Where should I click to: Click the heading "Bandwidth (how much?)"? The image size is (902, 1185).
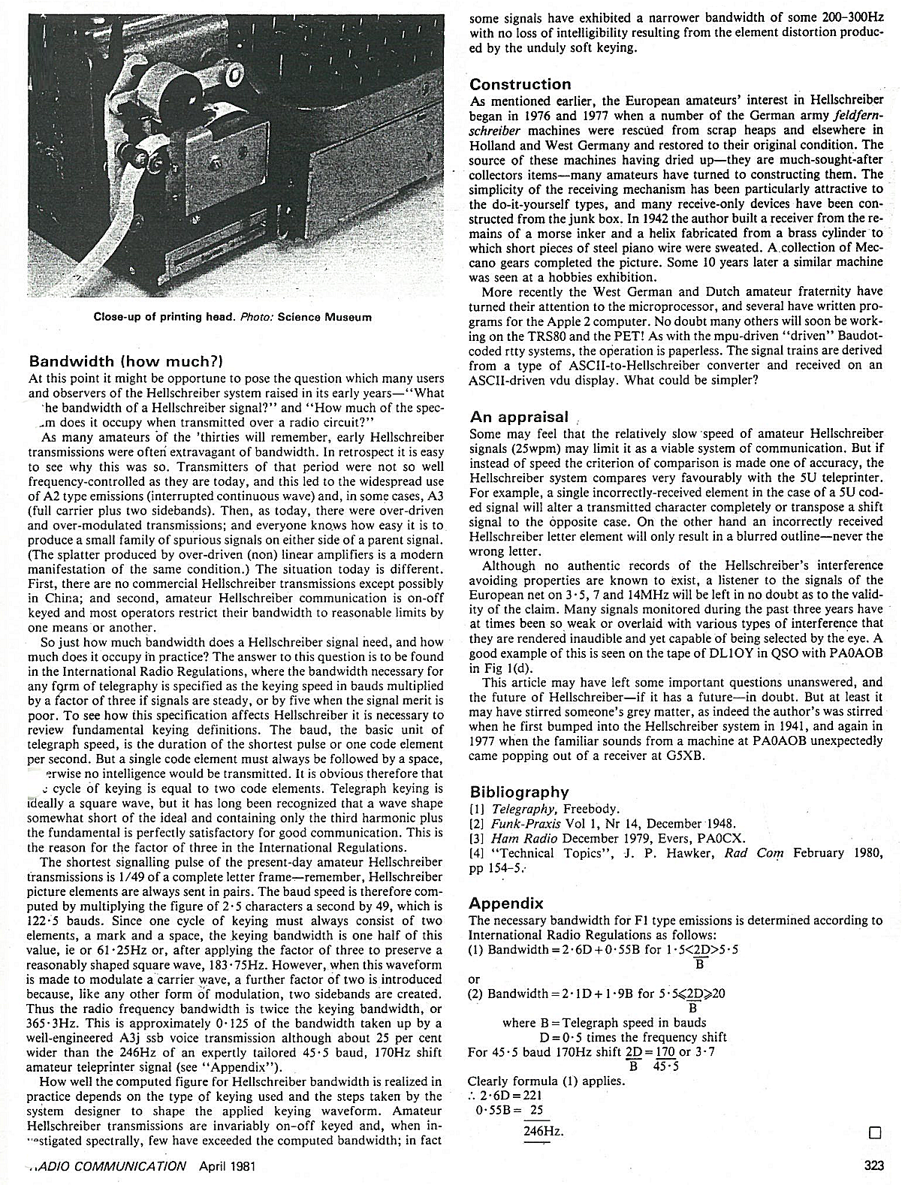point(125,361)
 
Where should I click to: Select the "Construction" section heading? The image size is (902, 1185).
point(520,84)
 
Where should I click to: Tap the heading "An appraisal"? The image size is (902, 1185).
point(519,417)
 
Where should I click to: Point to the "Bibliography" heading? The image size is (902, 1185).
point(519,792)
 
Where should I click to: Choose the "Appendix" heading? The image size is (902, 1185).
point(505,903)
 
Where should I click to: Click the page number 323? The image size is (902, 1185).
point(873,1166)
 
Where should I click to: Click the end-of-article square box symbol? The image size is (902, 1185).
point(873,1132)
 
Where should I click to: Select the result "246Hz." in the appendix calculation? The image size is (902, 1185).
point(543,1132)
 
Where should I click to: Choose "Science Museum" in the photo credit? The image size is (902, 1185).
point(324,317)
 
